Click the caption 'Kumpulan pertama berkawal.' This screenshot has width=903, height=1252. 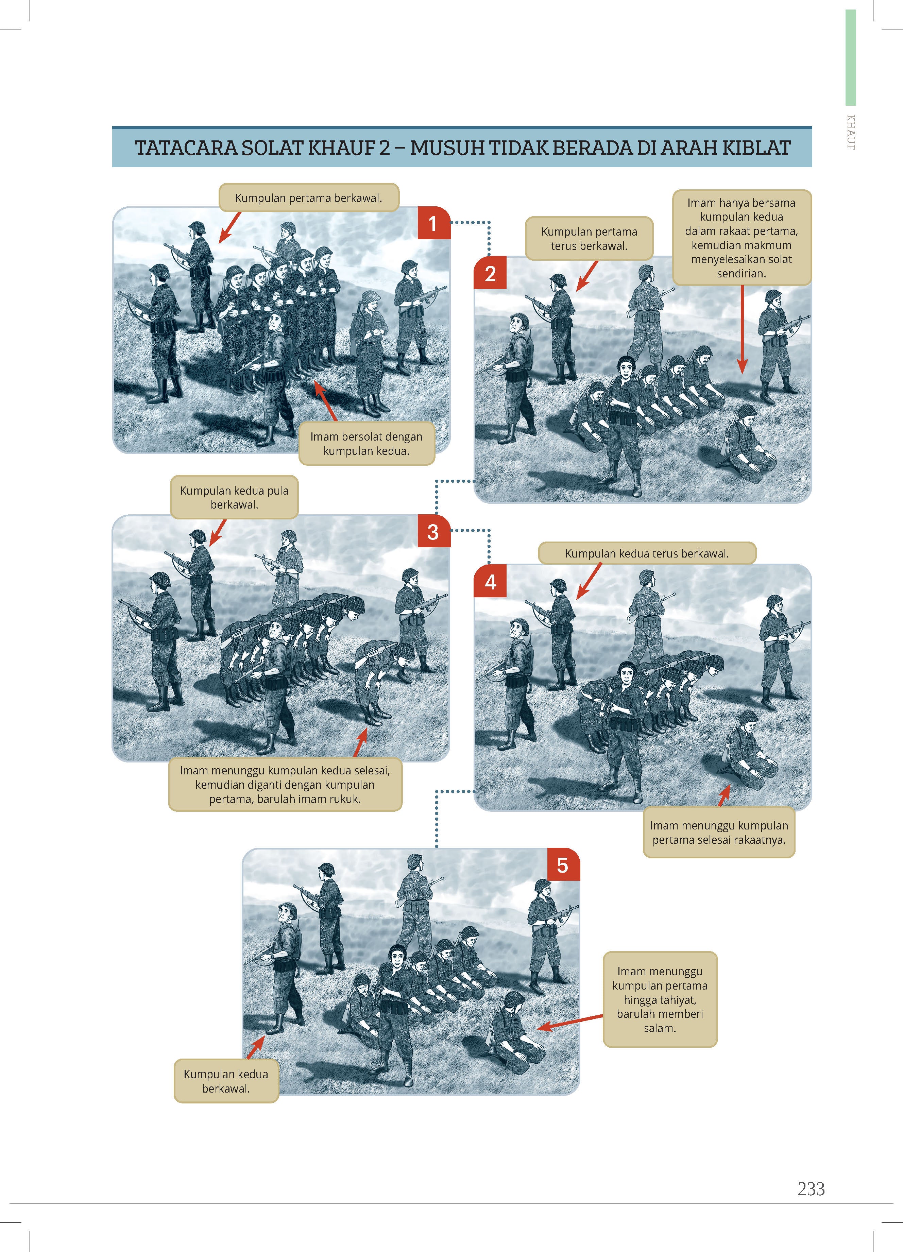tap(309, 198)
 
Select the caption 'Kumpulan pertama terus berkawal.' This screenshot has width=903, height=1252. tap(589, 239)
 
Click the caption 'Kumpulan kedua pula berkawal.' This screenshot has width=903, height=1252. tap(234, 497)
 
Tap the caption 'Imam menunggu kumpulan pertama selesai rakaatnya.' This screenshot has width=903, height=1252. tap(719, 833)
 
